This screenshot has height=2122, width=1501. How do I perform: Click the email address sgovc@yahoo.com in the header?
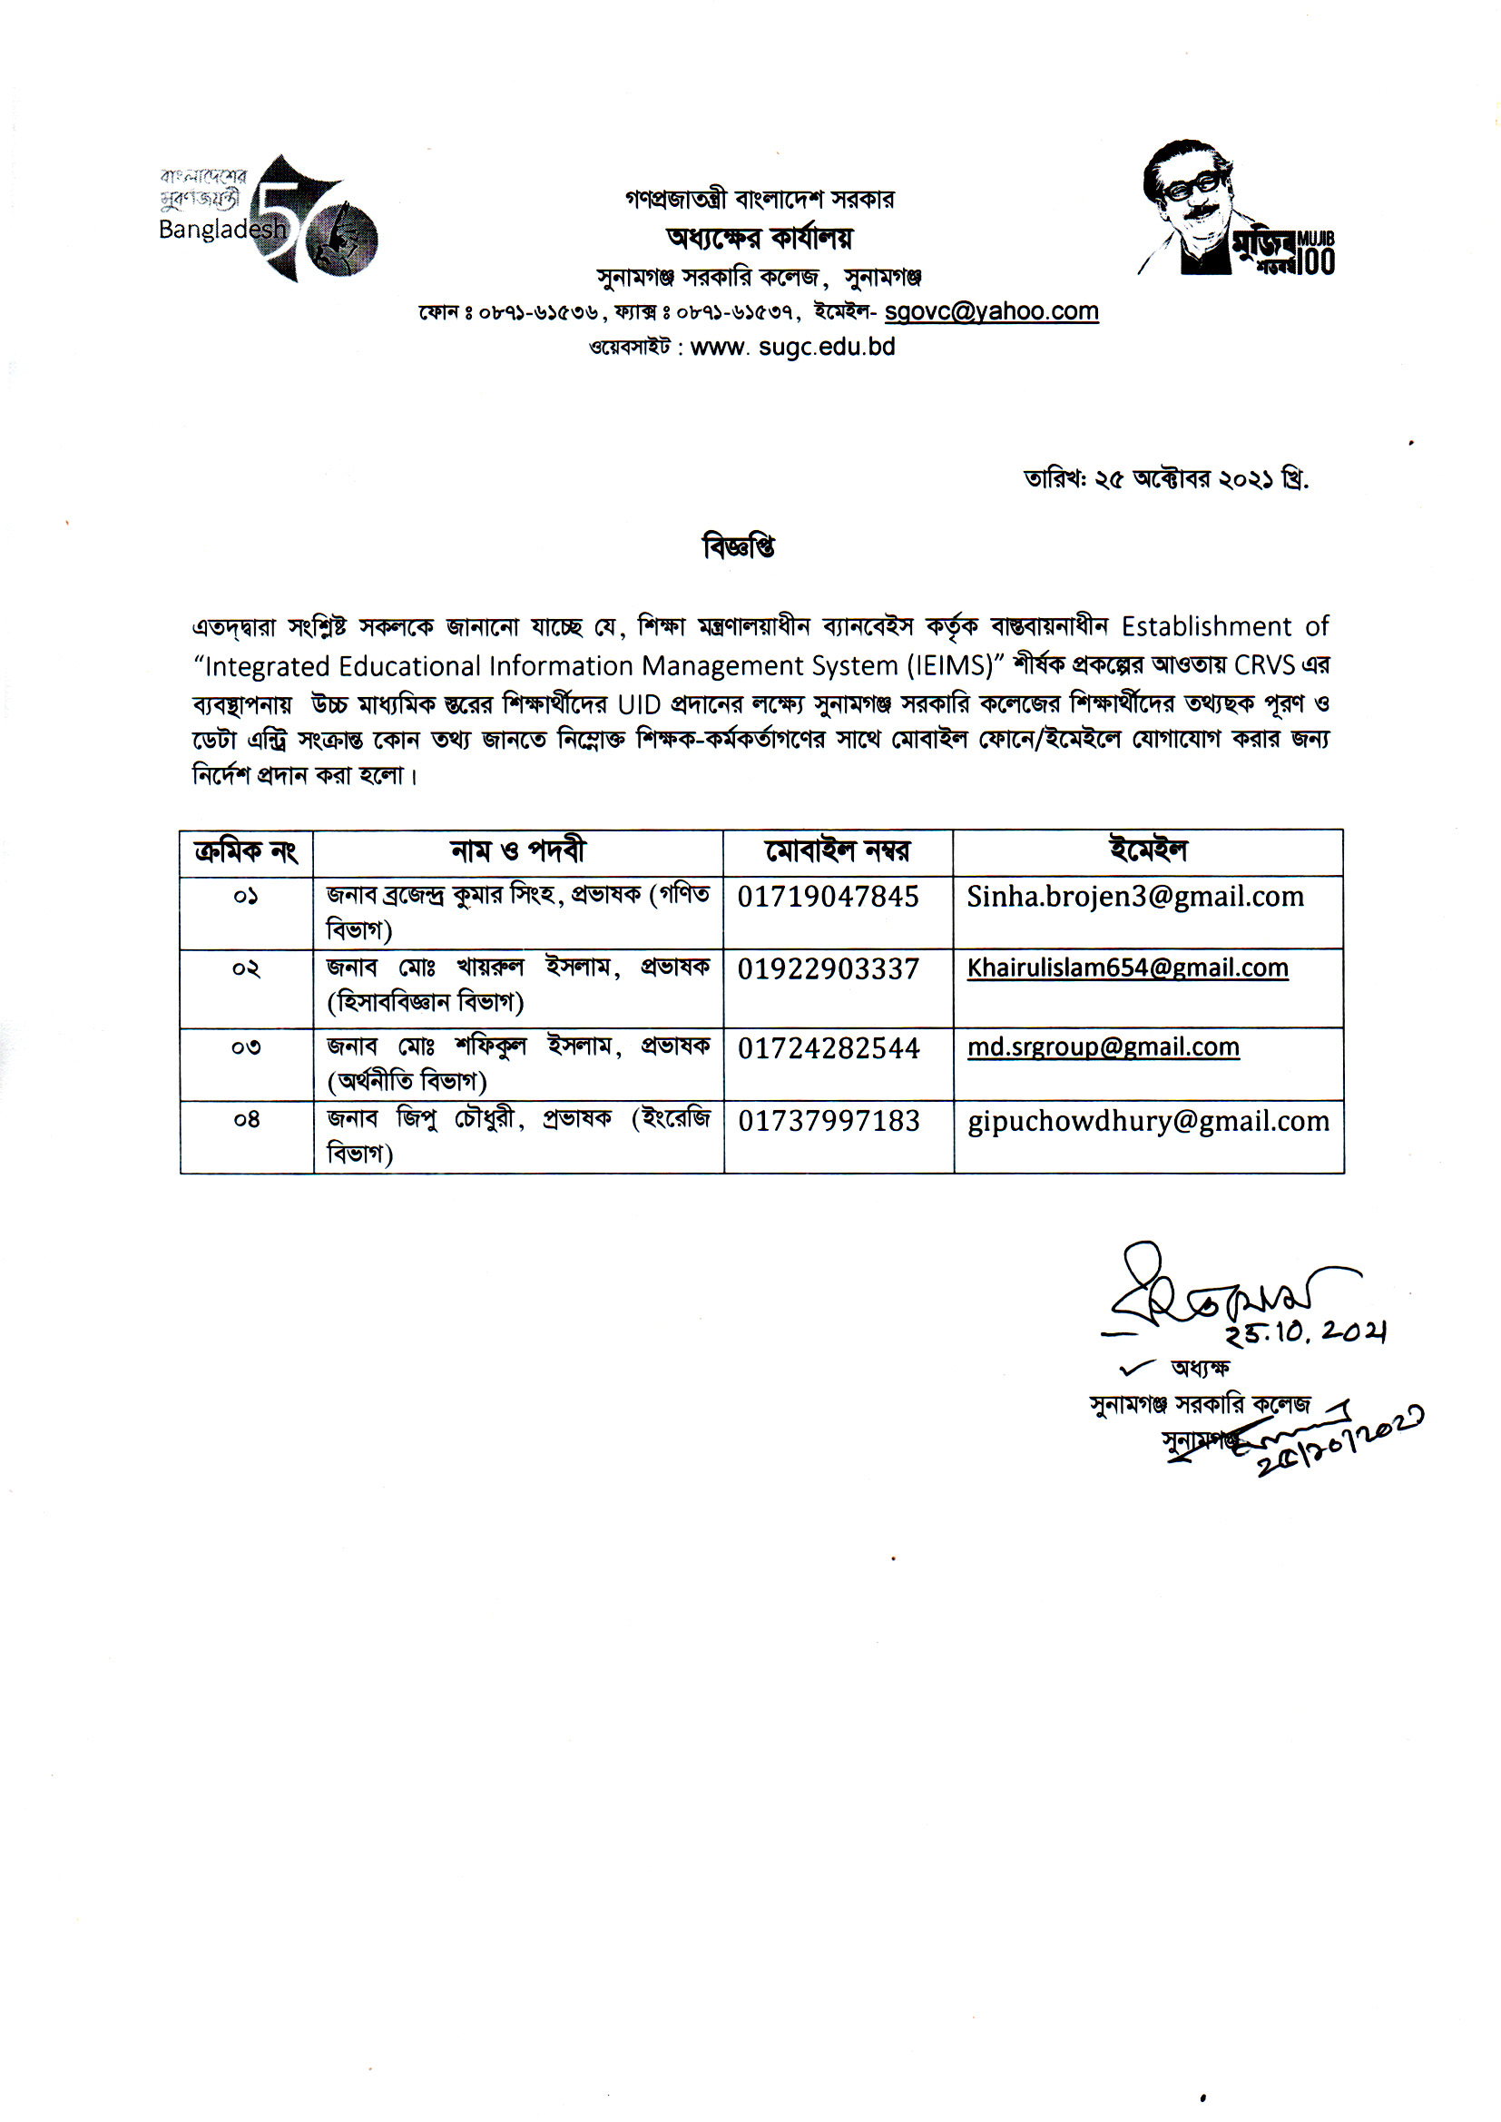coord(991,312)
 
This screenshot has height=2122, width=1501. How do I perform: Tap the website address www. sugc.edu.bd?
coord(792,348)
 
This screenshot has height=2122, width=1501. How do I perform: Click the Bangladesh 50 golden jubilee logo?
coord(268,219)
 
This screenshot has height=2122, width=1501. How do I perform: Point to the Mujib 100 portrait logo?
coord(1236,210)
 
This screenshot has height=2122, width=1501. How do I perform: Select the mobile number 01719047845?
coord(828,897)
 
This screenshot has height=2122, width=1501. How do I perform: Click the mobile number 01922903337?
coord(828,969)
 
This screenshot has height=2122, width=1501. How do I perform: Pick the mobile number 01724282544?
coord(829,1048)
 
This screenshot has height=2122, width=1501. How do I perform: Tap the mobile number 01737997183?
coord(829,1121)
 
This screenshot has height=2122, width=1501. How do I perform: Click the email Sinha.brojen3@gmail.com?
coord(1135,897)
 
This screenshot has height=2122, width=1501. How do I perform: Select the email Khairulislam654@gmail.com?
coord(1128,968)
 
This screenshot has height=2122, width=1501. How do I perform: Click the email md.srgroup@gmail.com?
coord(1103,1047)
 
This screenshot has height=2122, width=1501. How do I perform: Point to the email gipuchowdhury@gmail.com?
coord(1148,1121)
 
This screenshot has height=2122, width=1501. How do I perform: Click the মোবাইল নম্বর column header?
coord(837,851)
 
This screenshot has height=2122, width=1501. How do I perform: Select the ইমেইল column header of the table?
coord(1147,850)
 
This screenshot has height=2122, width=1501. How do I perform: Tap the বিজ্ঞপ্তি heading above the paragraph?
coord(739,547)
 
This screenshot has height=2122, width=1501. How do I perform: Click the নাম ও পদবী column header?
coord(517,851)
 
